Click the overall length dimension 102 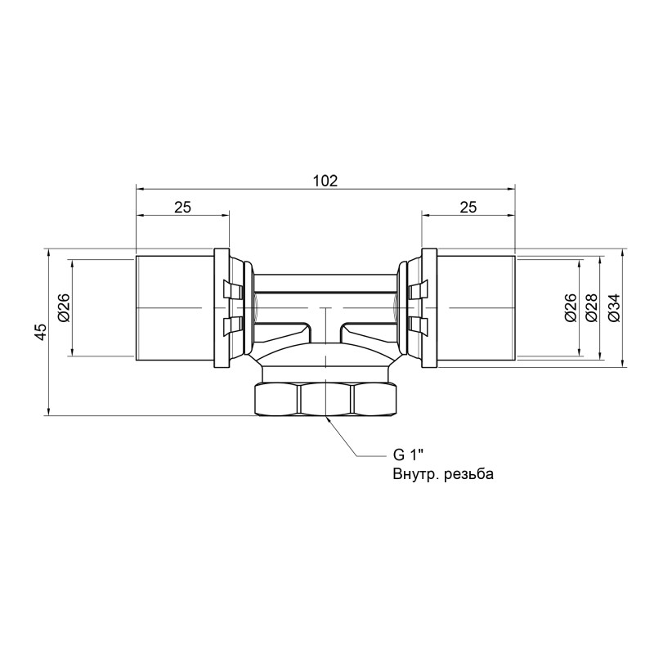(x=325, y=181)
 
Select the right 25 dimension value (x=468, y=208)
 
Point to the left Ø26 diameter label (x=63, y=307)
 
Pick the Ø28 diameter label (x=591, y=307)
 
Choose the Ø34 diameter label (x=613, y=307)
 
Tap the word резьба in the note (x=466, y=474)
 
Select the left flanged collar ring (x=222, y=307)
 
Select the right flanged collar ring (x=428, y=307)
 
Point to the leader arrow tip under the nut (x=327, y=418)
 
